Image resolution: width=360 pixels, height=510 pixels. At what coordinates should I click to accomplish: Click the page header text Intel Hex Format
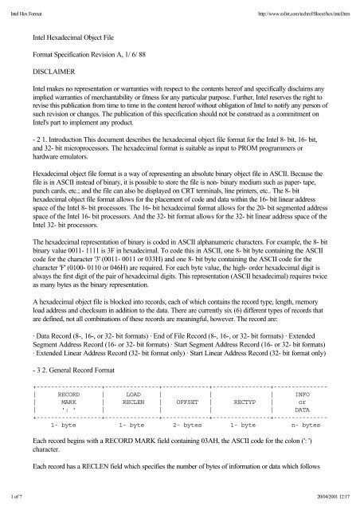[x=25, y=6]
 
